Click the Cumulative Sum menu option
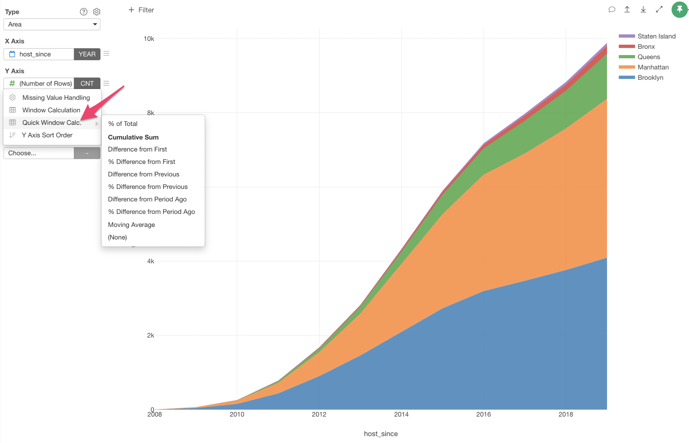tap(133, 137)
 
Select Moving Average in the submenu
tap(131, 225)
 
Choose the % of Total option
tap(123, 124)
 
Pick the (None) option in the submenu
tap(117, 237)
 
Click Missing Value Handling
tap(56, 97)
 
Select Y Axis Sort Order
tap(47, 135)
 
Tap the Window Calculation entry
tap(51, 110)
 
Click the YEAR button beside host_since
tap(87, 54)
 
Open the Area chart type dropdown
tap(52, 24)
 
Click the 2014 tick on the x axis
tap(401, 414)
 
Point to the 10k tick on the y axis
tap(149, 39)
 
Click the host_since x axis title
tap(381, 434)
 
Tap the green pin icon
tap(679, 10)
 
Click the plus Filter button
tap(141, 10)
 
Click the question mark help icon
tap(83, 12)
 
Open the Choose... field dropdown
tap(39, 153)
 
